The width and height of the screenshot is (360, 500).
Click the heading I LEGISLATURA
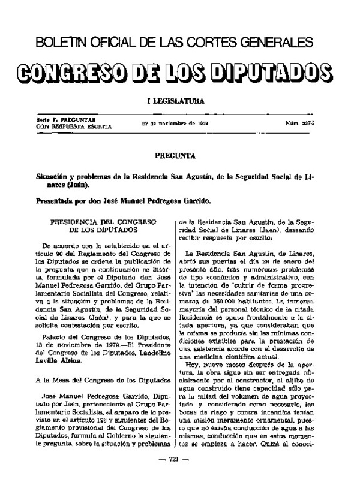(x=179, y=101)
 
